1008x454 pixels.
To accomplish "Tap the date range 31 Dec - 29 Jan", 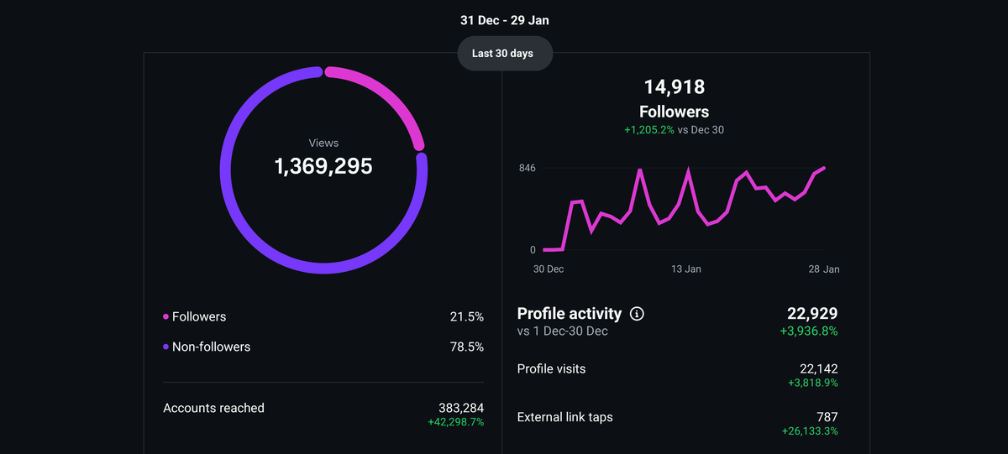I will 505,20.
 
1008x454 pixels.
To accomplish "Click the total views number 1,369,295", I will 323,166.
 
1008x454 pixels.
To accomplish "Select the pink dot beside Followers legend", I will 165,317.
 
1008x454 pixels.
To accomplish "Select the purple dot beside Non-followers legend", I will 165,347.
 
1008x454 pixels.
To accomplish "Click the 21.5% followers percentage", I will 466,317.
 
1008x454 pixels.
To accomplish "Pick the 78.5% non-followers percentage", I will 466,347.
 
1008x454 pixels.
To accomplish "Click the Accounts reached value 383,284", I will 461,408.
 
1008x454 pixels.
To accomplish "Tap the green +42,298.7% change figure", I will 456,422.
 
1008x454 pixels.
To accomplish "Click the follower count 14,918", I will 674,86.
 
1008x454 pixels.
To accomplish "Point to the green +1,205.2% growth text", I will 648,130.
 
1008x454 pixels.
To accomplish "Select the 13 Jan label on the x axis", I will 685,269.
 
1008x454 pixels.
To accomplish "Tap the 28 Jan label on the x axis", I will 824,269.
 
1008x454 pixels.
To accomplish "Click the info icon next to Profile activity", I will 637,314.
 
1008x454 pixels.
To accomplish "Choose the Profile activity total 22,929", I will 811,314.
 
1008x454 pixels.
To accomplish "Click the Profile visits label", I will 551,368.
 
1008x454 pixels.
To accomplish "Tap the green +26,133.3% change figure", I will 809,431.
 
